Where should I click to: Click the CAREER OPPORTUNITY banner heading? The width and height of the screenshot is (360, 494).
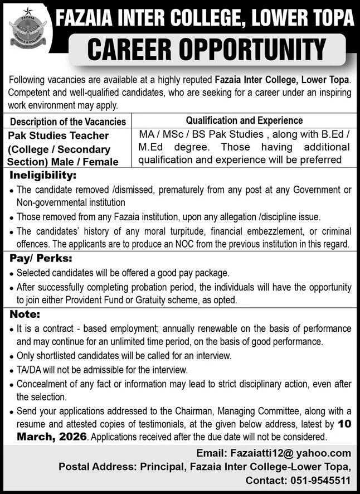(206, 50)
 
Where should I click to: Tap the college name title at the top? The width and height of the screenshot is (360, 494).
(205, 18)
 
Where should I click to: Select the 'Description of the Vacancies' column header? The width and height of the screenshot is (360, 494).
(68, 122)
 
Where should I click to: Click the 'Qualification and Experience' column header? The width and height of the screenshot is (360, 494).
(244, 120)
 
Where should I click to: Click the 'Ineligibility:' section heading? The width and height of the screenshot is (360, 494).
(42, 176)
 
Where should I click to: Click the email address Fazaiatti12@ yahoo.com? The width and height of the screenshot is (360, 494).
(286, 453)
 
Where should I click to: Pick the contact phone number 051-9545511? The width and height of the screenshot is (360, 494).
(320, 478)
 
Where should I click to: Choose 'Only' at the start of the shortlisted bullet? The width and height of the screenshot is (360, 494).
(26, 356)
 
